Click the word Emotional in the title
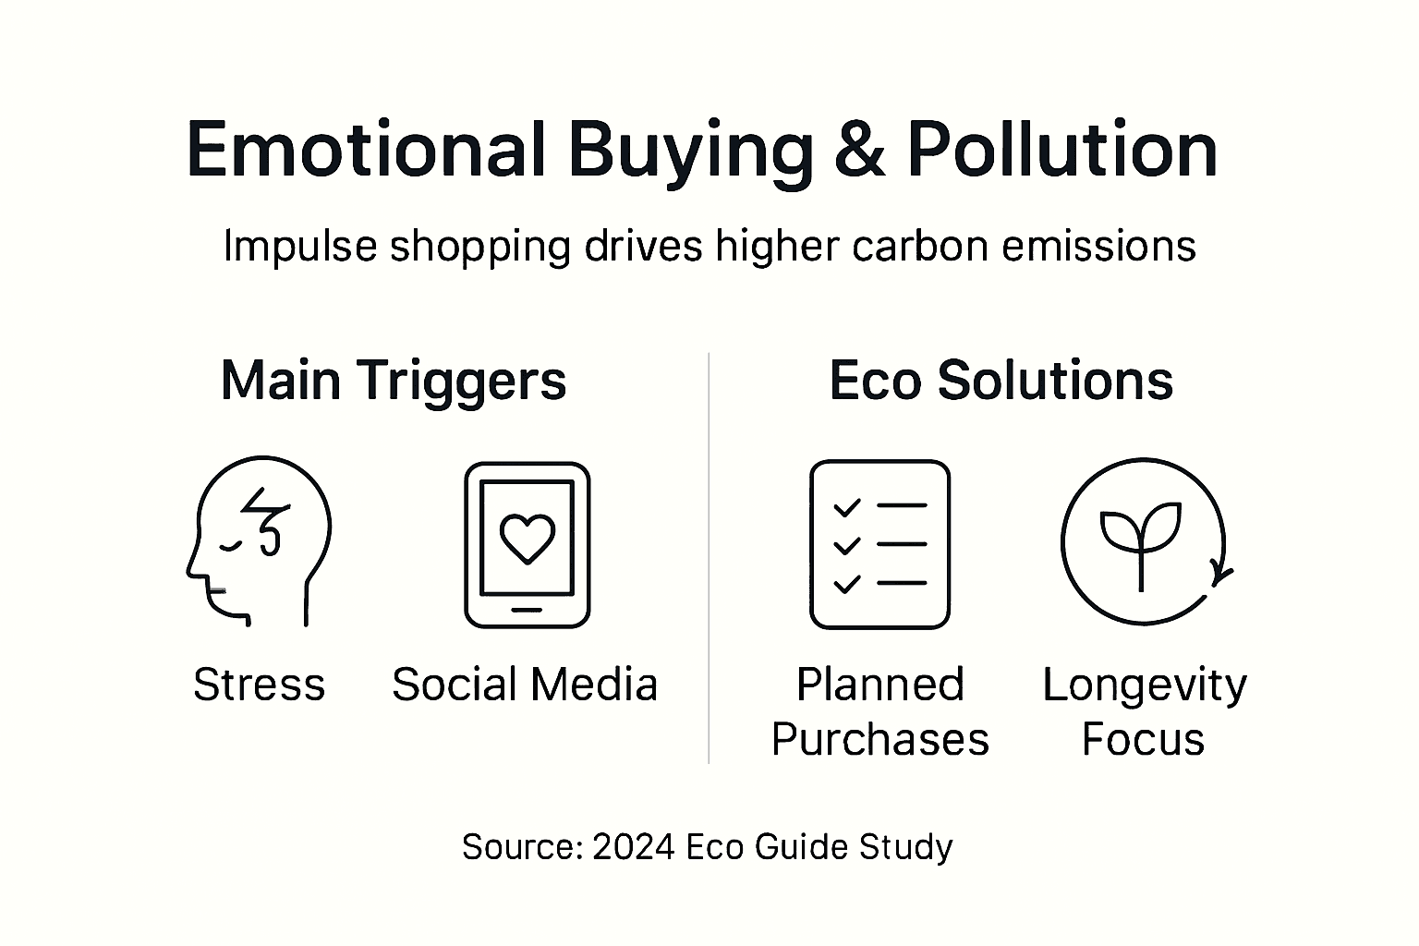tap(366, 150)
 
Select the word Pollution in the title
tap(1062, 150)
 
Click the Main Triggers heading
tap(394, 380)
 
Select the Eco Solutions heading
tap(1001, 380)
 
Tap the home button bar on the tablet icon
tap(527, 610)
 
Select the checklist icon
tap(879, 544)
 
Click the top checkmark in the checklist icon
tap(846, 506)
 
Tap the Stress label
tap(259, 685)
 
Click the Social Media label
tap(525, 685)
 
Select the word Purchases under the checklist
tap(879, 740)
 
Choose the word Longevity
tap(1145, 685)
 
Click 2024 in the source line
tap(633, 847)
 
